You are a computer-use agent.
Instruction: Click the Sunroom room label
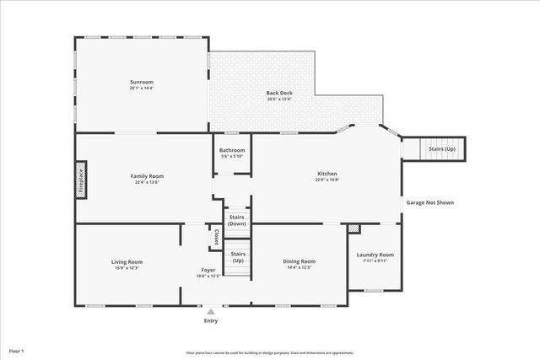[x=141, y=82]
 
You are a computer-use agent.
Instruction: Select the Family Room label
[x=146, y=175]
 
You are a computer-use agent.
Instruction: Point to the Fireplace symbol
[x=82, y=180]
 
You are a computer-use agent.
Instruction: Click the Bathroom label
[x=232, y=150]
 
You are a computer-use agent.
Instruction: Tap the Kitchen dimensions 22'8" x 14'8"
[x=327, y=180]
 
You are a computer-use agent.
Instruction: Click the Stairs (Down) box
[x=237, y=220]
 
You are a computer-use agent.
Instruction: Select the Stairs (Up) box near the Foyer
[x=238, y=256]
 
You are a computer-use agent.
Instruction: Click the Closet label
[x=216, y=237]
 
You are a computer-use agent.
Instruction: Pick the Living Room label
[x=127, y=261]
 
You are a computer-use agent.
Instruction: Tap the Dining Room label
[x=299, y=261]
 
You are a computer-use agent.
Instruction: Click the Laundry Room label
[x=375, y=255]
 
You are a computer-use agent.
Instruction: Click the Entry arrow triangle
[x=210, y=311]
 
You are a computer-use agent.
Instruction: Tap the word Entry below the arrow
[x=210, y=320]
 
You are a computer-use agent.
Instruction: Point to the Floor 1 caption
[x=17, y=350]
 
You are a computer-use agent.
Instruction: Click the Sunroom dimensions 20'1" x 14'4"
[x=141, y=88]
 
